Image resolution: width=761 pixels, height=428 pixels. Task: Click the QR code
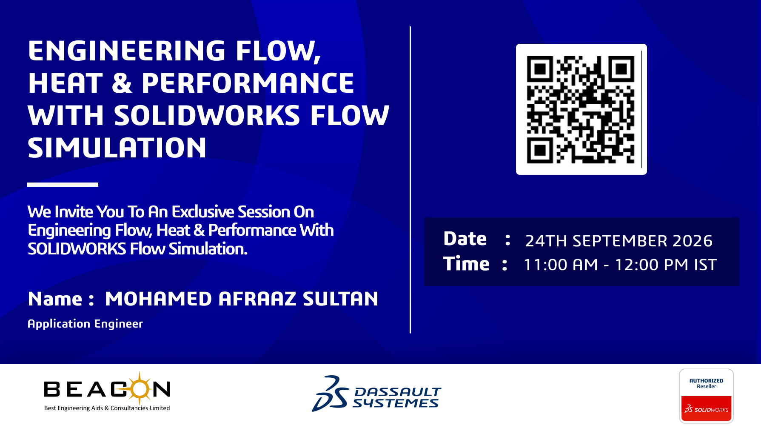(581, 109)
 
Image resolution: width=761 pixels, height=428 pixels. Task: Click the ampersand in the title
(122, 83)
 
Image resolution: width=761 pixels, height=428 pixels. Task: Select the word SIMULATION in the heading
(117, 148)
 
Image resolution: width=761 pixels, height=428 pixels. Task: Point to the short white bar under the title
(63, 185)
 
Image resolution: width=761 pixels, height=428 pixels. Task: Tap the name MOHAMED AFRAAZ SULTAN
(242, 299)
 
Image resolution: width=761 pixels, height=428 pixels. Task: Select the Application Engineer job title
(85, 324)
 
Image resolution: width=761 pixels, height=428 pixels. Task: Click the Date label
(465, 239)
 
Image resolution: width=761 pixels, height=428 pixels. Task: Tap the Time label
(466, 264)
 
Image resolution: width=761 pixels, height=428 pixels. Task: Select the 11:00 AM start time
(561, 265)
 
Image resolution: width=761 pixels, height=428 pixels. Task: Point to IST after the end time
(705, 265)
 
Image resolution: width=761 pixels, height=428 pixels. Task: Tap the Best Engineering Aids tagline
(107, 408)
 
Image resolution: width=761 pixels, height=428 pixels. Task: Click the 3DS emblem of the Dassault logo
(330, 394)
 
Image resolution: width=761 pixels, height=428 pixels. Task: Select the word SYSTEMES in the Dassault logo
(395, 403)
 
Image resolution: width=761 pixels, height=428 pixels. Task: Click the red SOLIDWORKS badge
(707, 409)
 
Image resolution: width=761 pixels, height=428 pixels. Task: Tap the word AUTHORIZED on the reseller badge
(707, 381)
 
